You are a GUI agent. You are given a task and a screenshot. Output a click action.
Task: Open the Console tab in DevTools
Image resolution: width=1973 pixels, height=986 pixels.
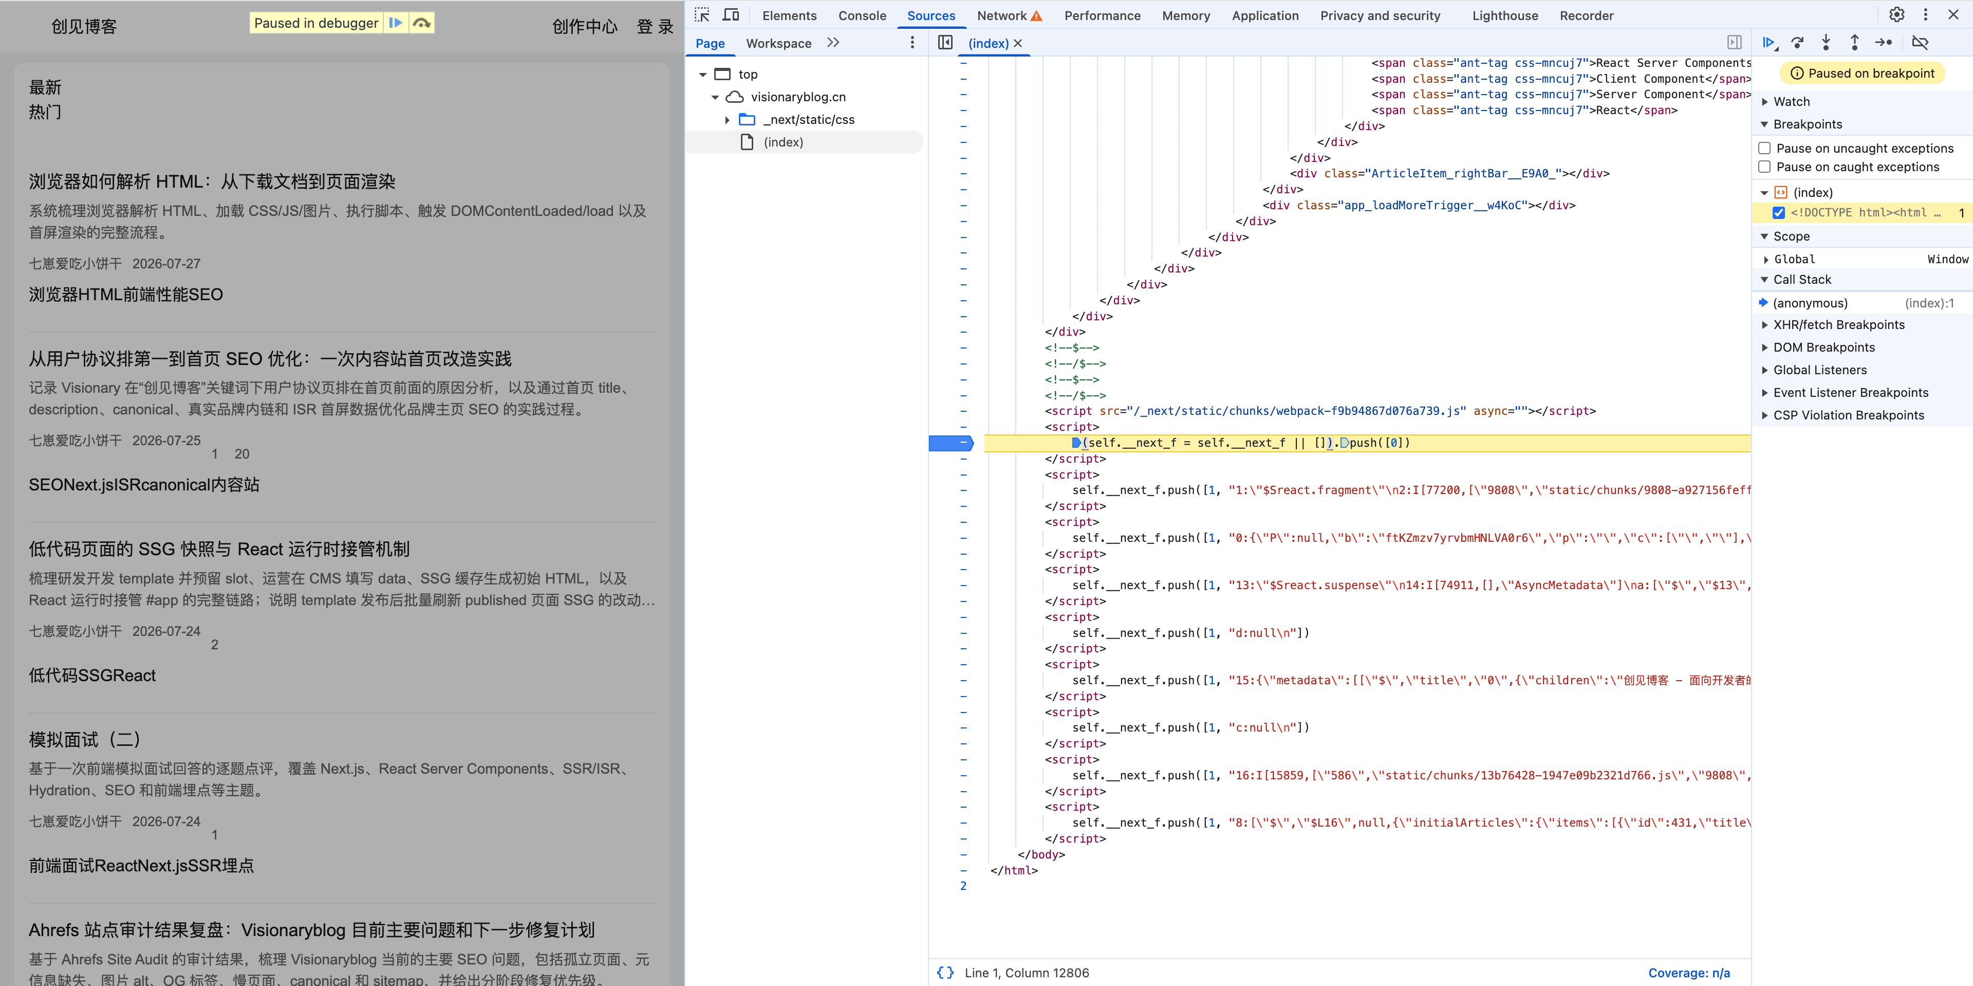pos(862,15)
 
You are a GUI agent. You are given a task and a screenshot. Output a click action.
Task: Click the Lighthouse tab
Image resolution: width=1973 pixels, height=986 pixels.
pos(1504,15)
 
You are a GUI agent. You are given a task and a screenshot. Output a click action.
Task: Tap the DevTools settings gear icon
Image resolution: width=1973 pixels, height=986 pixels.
pos(1896,14)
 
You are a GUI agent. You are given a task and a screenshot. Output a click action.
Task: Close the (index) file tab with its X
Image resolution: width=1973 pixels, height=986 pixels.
pos(1018,44)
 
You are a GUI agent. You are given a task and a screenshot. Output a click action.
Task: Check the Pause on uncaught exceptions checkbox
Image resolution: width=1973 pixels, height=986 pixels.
pos(1765,148)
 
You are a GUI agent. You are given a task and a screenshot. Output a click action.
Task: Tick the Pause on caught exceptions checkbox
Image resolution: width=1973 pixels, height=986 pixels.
pos(1765,167)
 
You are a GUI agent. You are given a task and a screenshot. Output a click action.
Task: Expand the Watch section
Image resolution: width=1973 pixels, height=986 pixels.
pos(1792,102)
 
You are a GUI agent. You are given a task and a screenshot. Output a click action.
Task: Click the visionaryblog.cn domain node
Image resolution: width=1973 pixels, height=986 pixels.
pos(798,97)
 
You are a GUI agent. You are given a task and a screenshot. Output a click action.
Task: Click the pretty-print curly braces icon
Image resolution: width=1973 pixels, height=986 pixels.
pos(946,972)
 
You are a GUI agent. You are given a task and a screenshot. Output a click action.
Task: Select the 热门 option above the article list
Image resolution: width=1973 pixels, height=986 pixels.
pos(45,112)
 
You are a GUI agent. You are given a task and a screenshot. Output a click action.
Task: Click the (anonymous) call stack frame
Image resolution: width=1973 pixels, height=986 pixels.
pos(1810,303)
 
